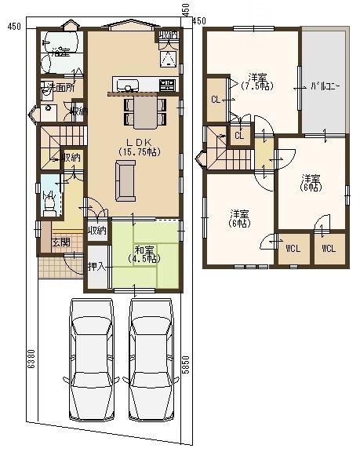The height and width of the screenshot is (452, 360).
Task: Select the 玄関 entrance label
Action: (60, 242)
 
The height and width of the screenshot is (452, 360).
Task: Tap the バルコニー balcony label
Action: (324, 86)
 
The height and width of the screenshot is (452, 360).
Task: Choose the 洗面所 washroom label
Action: (60, 88)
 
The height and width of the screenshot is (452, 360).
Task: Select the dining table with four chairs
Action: (145, 111)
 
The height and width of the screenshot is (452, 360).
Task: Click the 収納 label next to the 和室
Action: (97, 231)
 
